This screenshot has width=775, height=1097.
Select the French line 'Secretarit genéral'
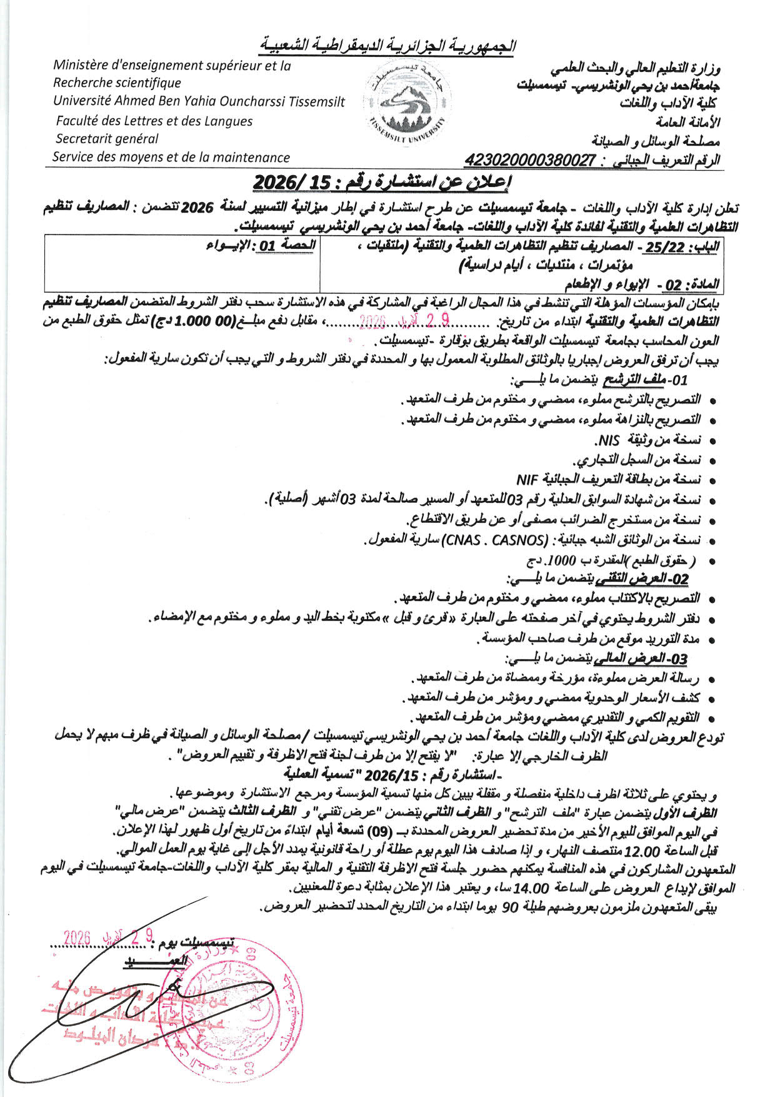pyautogui.click(x=107, y=139)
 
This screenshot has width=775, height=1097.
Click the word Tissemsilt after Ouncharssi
pyautogui.click(x=312, y=101)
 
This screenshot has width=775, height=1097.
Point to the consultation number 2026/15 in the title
pyautogui.click(x=284, y=183)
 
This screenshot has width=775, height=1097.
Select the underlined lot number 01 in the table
pyautogui.click(x=268, y=246)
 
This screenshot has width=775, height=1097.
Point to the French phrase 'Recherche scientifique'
pyautogui.click(x=117, y=83)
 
